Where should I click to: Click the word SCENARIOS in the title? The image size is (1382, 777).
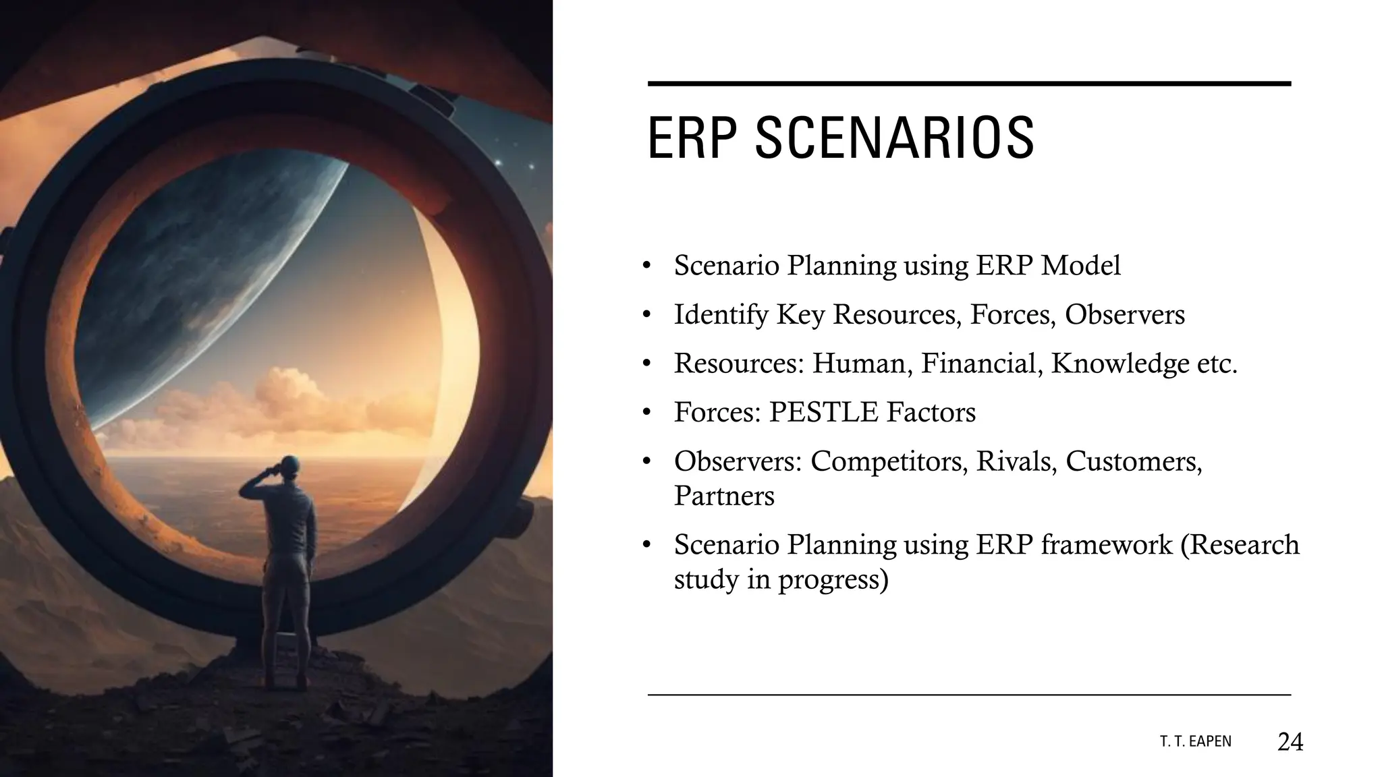click(x=894, y=138)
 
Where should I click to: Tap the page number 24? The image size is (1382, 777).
click(x=1290, y=742)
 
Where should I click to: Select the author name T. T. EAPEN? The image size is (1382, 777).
click(x=1195, y=742)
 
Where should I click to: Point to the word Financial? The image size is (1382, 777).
click(x=978, y=364)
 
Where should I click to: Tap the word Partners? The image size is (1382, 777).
click(x=724, y=496)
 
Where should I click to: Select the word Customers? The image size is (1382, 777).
click(x=1133, y=461)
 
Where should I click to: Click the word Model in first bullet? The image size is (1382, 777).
click(x=1080, y=266)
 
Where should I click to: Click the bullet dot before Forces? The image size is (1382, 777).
click(x=646, y=413)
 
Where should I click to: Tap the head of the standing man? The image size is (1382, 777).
click(x=289, y=465)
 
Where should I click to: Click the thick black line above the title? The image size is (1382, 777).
click(x=968, y=84)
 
